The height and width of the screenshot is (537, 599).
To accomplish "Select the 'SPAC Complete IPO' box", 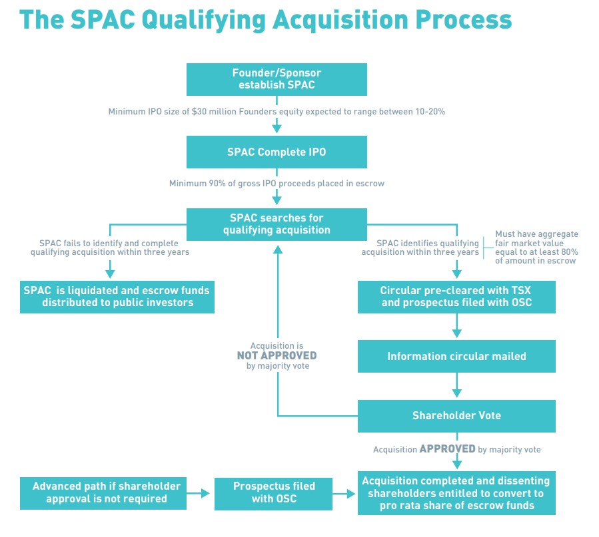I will [x=277, y=152].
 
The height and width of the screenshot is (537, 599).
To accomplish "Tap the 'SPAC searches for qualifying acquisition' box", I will [x=277, y=224].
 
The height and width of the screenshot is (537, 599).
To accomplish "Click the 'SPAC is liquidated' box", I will [x=117, y=296].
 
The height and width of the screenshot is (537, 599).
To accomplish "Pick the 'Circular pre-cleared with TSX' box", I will [x=456, y=296].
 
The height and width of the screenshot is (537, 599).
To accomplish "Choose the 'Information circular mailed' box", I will [x=456, y=356].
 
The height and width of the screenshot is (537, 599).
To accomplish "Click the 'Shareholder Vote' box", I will [x=456, y=415].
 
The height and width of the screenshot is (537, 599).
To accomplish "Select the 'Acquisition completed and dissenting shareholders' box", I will [x=456, y=492].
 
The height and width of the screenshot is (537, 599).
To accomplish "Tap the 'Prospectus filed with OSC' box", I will [x=274, y=492].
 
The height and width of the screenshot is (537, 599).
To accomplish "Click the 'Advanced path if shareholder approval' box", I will [x=103, y=492].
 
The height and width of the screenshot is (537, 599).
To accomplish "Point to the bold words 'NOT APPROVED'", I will [x=277, y=356].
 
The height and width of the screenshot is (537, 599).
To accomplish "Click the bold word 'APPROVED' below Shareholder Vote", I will [x=447, y=449].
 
